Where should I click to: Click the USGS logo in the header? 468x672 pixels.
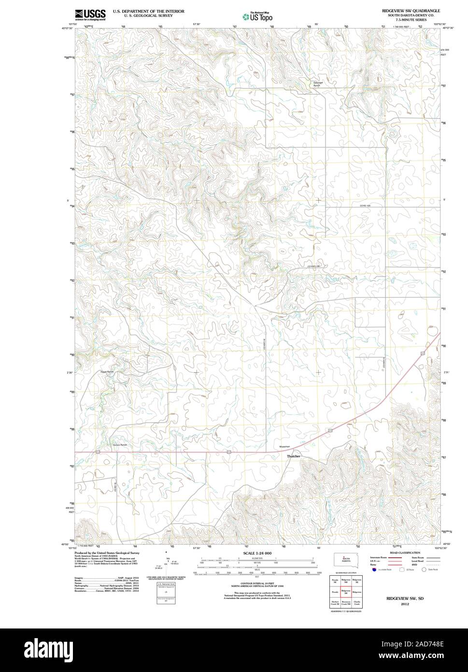[90, 15]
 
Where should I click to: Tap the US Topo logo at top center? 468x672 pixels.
[257, 17]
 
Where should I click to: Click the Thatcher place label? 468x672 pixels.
[294, 456]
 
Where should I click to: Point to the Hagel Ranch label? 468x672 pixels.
[107, 372]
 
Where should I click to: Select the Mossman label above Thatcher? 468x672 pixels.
[285, 447]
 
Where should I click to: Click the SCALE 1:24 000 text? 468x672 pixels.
[257, 553]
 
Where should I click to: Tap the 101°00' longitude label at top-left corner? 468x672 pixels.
[73, 24]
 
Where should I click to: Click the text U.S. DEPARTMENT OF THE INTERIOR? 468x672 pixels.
[148, 11]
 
